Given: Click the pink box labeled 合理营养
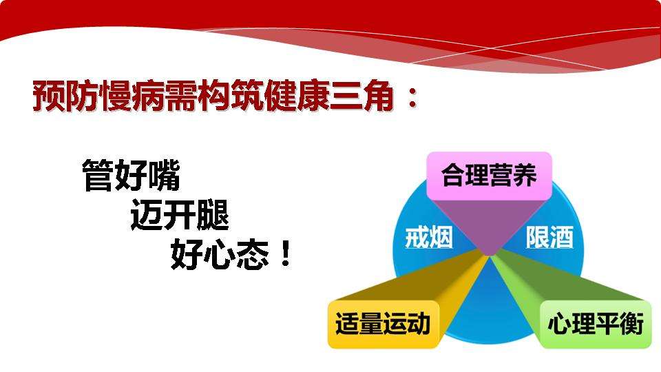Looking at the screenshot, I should point(489,176).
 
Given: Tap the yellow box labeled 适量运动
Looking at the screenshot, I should point(383,324).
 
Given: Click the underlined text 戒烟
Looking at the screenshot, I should point(428,238).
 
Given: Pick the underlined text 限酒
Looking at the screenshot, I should point(549,238).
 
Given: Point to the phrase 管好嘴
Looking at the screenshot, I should point(131,176).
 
